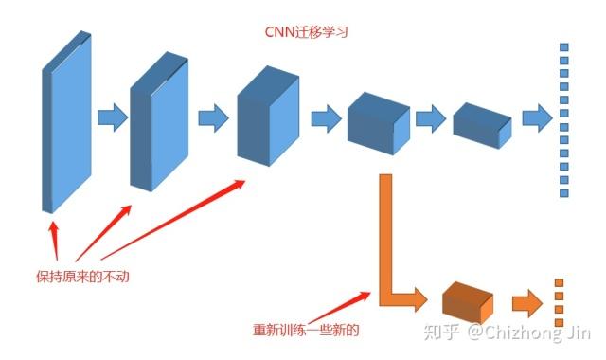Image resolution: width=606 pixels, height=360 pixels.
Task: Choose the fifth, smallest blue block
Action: click(x=481, y=121)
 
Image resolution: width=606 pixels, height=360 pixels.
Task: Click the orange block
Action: click(x=468, y=302)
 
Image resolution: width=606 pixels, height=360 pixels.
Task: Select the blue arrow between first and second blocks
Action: click(x=112, y=118)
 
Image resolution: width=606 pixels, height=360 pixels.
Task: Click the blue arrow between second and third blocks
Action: click(x=213, y=118)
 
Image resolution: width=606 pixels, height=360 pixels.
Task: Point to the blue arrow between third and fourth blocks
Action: click(x=325, y=118)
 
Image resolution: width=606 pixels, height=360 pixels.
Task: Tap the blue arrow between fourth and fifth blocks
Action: click(x=431, y=119)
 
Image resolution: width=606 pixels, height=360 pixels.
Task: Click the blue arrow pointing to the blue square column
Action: click(x=537, y=118)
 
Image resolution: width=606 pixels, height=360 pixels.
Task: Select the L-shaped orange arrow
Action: click(x=390, y=256)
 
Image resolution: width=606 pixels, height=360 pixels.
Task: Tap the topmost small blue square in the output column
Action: click(x=564, y=47)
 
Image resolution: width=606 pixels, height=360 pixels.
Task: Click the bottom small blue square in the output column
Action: click(x=564, y=192)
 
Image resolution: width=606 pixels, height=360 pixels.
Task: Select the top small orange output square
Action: click(x=559, y=283)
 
